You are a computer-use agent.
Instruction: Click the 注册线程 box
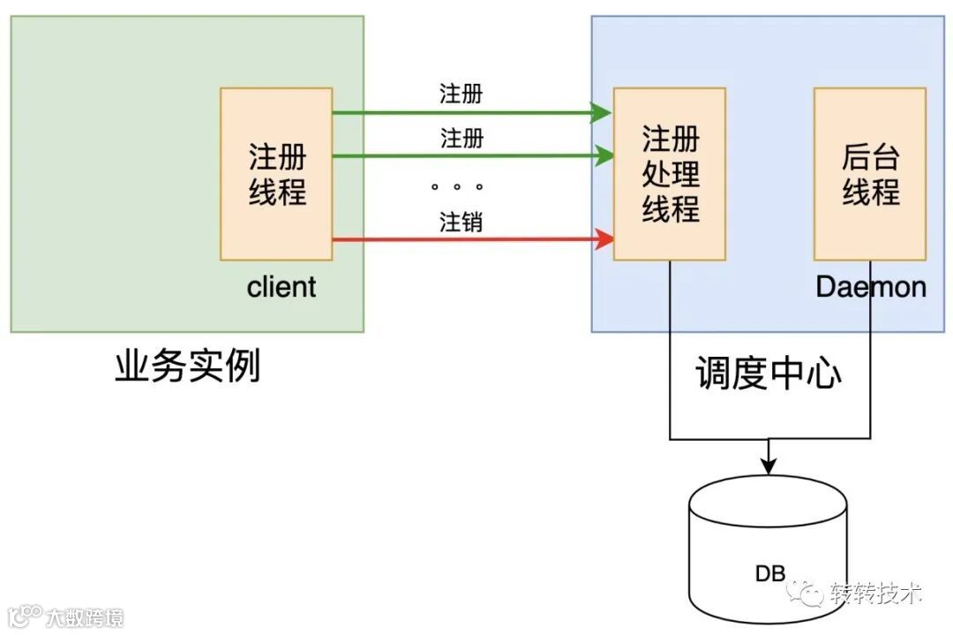pos(276,174)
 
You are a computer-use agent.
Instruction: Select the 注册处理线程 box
pos(670,174)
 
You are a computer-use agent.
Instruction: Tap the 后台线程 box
pos(870,174)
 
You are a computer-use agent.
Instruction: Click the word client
pos(281,287)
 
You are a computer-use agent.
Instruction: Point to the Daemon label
pos(871,287)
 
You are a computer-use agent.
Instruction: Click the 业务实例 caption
pos(188,366)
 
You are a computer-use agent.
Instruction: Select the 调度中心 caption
pos(769,374)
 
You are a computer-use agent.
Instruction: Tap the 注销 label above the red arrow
pos(461,222)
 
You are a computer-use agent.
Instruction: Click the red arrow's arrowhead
pos(604,238)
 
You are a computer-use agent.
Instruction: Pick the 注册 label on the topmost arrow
pos(461,94)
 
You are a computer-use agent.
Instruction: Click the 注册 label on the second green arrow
pos(461,139)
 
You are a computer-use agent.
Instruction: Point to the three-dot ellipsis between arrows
pos(457,186)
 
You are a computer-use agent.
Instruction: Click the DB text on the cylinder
pos(769,573)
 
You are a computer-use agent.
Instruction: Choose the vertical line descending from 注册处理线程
pos(670,353)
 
